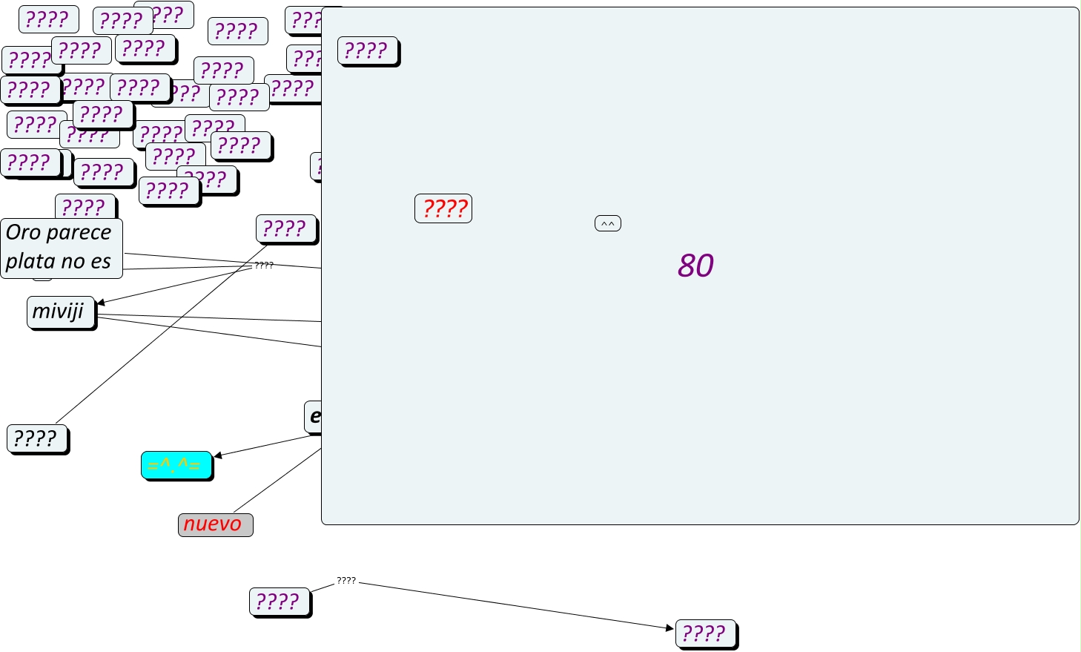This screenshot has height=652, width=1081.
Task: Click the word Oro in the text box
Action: coord(23,233)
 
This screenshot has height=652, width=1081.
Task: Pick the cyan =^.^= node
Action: coord(176,465)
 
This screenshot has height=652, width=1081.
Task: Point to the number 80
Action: coord(695,266)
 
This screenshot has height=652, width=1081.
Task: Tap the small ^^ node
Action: coord(607,223)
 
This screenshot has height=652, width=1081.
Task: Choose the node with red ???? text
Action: coord(443,208)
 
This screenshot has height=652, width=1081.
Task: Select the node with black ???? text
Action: coord(37,438)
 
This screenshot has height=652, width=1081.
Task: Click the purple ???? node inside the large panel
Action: coord(368,50)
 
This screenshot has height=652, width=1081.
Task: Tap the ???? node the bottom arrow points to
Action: coord(705,633)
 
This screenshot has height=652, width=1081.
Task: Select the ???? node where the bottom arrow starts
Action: coord(280,601)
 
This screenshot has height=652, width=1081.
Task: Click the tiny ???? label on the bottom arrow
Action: coord(346,581)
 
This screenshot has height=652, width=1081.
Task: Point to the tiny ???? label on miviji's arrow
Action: coord(264,265)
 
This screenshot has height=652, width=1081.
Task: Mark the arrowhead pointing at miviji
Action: coord(101,303)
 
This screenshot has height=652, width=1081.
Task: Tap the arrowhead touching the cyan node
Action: coord(218,455)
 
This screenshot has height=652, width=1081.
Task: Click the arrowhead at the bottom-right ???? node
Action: coord(670,628)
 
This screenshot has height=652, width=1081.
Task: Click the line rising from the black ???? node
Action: coord(148,349)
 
